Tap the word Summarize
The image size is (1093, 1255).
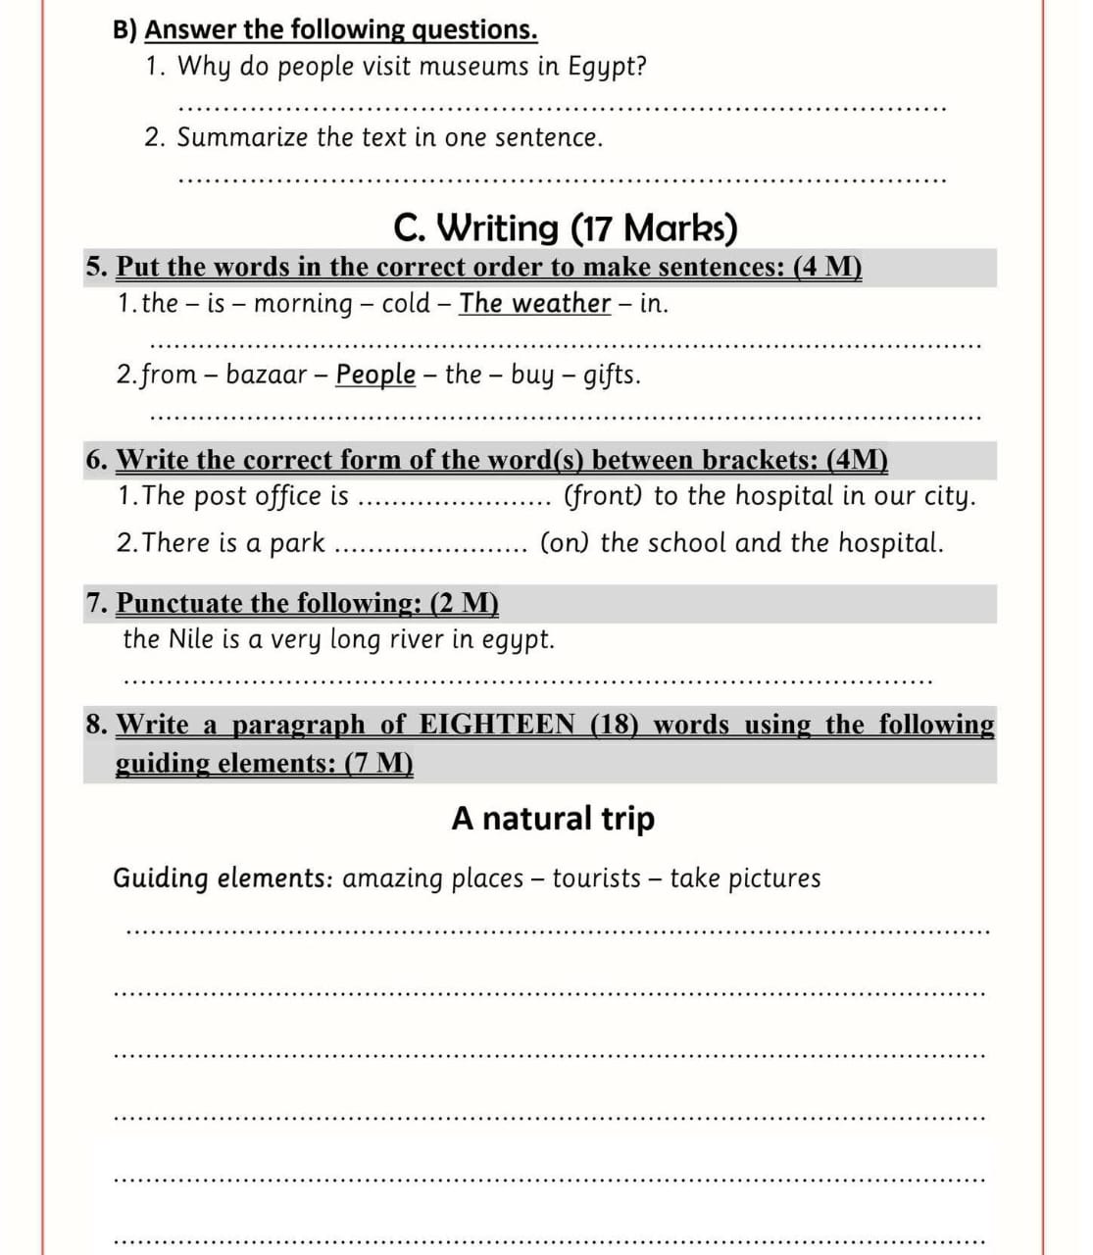[242, 137]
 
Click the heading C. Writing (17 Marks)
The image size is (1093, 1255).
[565, 227]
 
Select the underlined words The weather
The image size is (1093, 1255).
[535, 303]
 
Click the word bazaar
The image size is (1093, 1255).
[267, 375]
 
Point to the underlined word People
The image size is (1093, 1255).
[375, 375]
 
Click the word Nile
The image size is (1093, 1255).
[192, 639]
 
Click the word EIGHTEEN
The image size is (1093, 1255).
[498, 725]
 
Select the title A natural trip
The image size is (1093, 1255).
[553, 818]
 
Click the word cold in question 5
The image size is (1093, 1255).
[406, 303]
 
